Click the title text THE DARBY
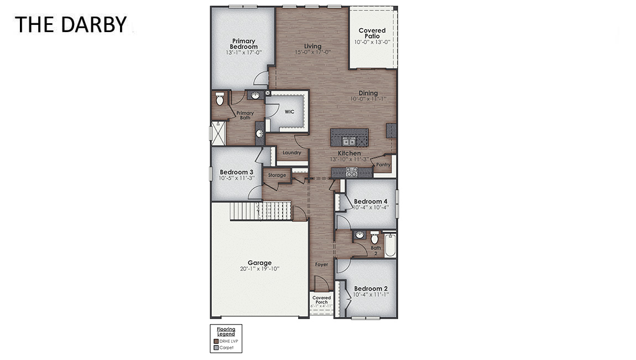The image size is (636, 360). pyautogui.click(x=71, y=24)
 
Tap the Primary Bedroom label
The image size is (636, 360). pyautogui.click(x=243, y=44)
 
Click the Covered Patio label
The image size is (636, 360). pyautogui.click(x=372, y=33)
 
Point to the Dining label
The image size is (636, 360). pyautogui.click(x=368, y=93)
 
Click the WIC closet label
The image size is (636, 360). pyautogui.click(x=289, y=112)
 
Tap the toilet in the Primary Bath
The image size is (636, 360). pyautogui.click(x=220, y=100)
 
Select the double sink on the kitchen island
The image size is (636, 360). pyautogui.click(x=349, y=141)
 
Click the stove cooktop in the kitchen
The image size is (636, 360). pyautogui.click(x=351, y=172)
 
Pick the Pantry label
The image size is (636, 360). pyautogui.click(x=383, y=165)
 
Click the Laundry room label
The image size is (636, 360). pyautogui.click(x=291, y=153)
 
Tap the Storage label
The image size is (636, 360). pyautogui.click(x=277, y=175)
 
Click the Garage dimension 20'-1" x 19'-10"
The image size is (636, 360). pyautogui.click(x=259, y=269)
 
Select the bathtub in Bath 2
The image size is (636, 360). pyautogui.click(x=390, y=246)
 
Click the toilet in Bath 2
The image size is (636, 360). pyautogui.click(x=374, y=238)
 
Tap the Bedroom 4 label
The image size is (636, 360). pyautogui.click(x=371, y=201)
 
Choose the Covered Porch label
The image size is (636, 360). pyautogui.click(x=321, y=300)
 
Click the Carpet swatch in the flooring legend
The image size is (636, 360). pyautogui.click(x=216, y=348)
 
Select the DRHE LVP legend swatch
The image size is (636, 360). pyautogui.click(x=216, y=342)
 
